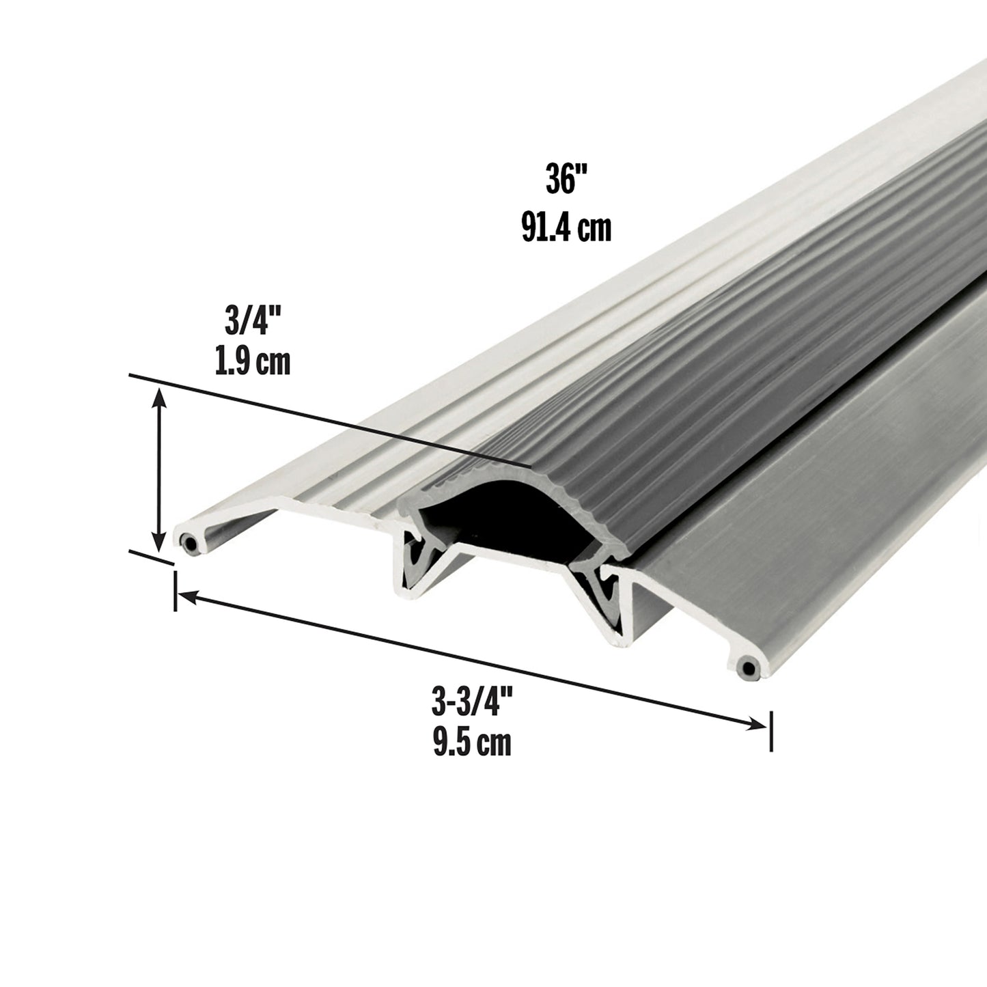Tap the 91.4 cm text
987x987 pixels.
pos(566,227)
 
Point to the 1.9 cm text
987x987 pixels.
pos(252,361)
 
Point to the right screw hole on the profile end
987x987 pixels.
pos(749,667)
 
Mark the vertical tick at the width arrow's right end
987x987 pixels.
pos(771,731)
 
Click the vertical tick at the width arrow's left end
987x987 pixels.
pos(176,592)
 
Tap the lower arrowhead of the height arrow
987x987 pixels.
pos(160,543)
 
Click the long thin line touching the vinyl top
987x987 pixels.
pos(328,420)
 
